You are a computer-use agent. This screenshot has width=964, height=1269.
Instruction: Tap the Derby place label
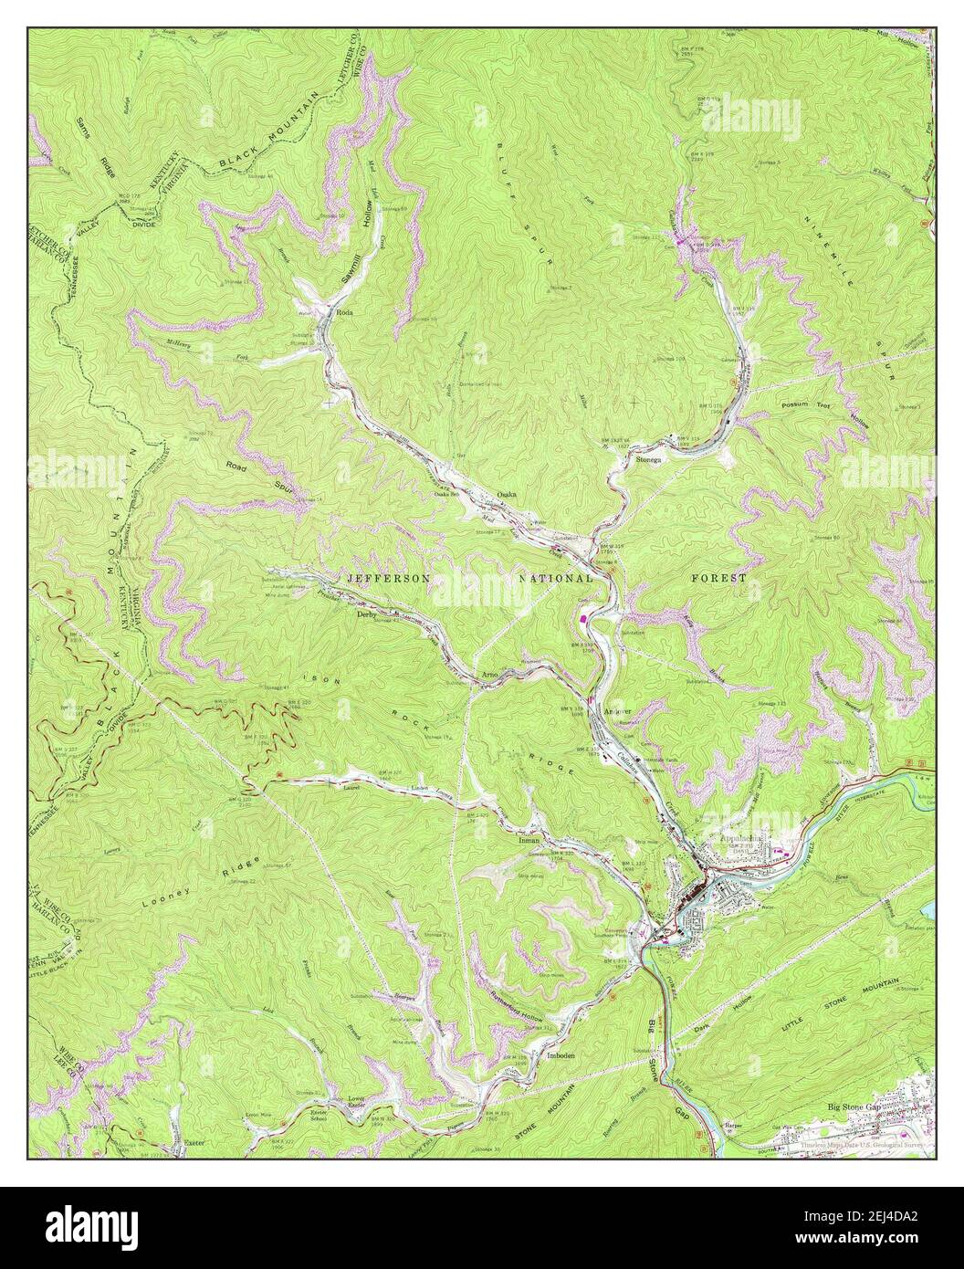pyautogui.click(x=368, y=614)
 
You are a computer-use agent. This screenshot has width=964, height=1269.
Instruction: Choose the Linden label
pyautogui.click(x=420, y=787)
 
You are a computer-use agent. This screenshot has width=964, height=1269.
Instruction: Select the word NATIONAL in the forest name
pyautogui.click(x=557, y=579)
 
